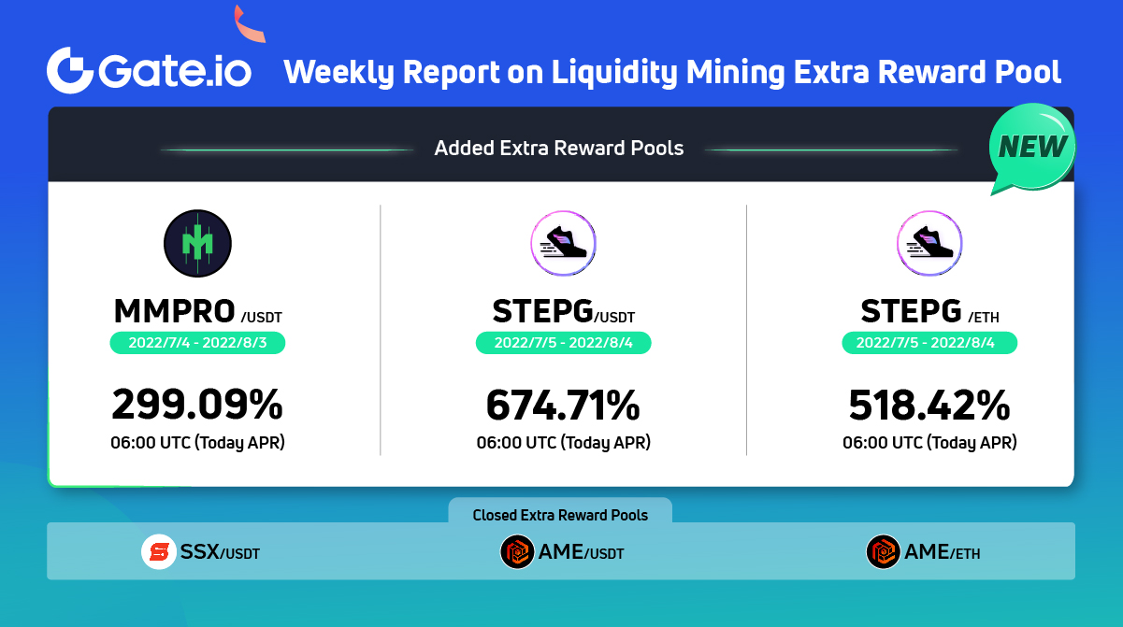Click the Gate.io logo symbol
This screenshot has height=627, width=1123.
coord(71,71)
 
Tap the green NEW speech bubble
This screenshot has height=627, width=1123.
coord(1032,147)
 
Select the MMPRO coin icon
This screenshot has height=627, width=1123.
coord(197,244)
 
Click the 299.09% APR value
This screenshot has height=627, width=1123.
coord(197,405)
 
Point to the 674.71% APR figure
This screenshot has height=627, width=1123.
coord(563,405)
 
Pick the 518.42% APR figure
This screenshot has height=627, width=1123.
coord(929,405)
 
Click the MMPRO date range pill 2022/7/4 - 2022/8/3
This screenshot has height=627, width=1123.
coord(197,343)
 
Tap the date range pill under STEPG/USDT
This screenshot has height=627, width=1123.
coord(563,343)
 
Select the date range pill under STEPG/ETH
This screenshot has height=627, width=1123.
coord(929,343)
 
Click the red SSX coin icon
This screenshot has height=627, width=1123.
coord(159,551)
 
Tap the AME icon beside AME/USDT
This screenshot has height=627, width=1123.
coord(517,551)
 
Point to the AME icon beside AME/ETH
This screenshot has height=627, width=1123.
coord(884,551)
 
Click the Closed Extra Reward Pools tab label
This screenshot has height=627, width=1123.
coord(560,515)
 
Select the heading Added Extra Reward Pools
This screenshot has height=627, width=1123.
coord(559,148)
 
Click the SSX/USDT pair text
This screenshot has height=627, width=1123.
coord(220,552)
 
